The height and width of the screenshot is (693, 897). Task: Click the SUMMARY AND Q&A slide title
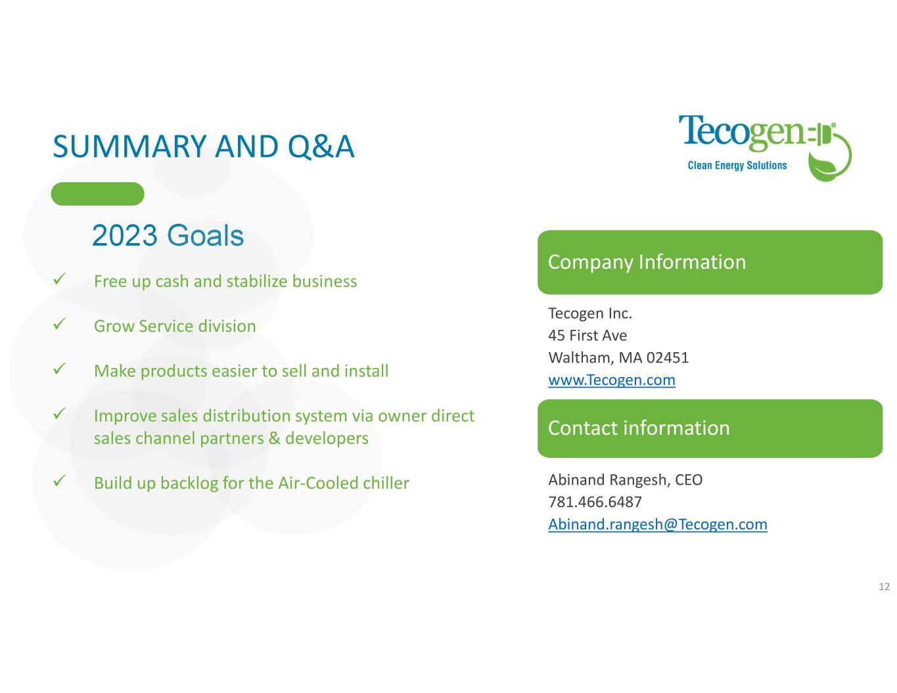pos(203,147)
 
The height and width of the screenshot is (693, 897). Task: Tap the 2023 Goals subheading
pos(168,235)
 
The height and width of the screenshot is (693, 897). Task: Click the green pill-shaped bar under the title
pos(97,194)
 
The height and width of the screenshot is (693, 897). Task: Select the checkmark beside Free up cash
pos(59,279)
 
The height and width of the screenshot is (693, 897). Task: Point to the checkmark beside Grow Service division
pos(59,324)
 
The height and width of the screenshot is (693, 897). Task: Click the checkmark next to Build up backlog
pos(59,481)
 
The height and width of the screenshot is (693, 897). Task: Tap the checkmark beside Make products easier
pos(59,369)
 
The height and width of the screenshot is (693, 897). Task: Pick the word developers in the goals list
pos(327,438)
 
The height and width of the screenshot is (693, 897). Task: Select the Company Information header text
pos(647,262)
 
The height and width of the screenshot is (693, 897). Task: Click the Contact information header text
pos(639,428)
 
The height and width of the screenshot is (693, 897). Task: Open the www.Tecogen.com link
pos(612,380)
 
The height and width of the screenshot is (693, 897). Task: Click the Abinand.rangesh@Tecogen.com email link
pos(658,524)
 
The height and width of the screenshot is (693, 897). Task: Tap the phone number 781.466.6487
pos(595,502)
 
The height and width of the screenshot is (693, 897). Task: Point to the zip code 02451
pos(668,357)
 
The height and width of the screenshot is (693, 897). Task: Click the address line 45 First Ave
pos(587,336)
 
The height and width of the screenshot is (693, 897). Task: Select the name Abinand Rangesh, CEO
pos(626,480)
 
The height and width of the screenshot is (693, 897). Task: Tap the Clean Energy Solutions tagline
pos(737,166)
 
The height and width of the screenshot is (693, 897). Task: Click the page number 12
pos(885,587)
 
